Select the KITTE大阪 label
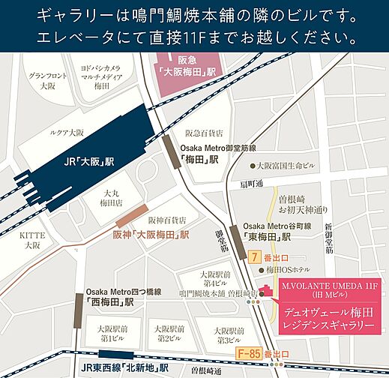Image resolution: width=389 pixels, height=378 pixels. pos(31,240)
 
